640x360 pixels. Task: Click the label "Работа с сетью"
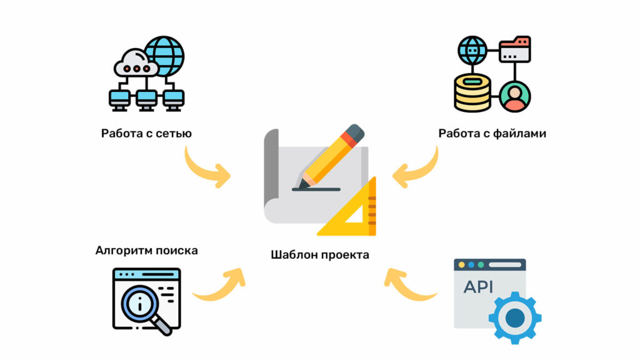click(146, 133)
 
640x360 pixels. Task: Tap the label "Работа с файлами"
click(492, 133)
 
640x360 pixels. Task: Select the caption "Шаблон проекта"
click(320, 254)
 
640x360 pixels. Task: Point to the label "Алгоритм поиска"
click(146, 251)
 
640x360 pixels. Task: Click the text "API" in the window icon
click(478, 287)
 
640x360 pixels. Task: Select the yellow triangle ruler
click(353, 212)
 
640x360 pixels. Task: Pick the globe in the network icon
click(164, 56)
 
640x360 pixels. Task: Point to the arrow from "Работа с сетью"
click(206, 169)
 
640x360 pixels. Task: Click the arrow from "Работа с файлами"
click(417, 169)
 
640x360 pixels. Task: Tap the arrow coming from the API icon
click(409, 284)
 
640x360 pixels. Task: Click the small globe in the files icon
click(472, 49)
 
